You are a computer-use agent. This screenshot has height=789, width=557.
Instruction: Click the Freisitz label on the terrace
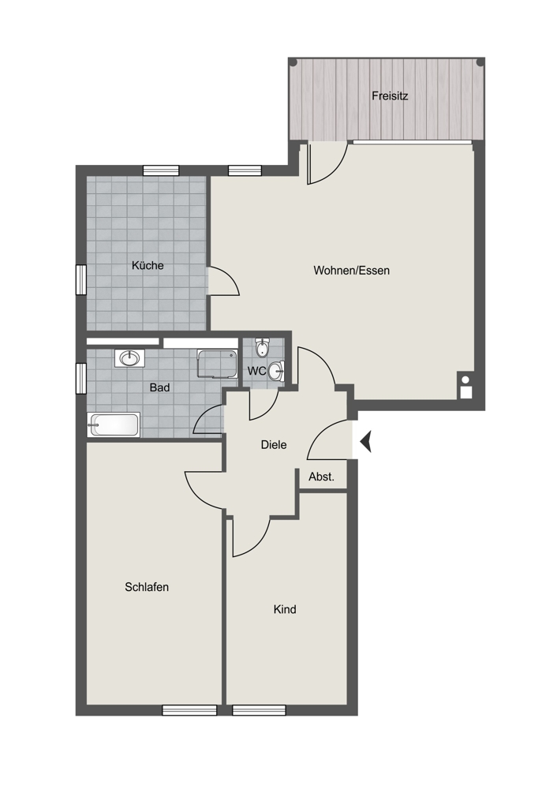click(390, 95)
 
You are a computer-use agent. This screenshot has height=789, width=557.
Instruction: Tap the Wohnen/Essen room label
click(351, 271)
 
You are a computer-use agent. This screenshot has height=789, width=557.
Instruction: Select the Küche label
click(148, 265)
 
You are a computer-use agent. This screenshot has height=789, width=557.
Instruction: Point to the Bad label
click(159, 387)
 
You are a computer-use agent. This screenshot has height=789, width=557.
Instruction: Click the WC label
click(256, 372)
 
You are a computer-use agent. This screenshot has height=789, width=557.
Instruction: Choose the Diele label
click(274, 445)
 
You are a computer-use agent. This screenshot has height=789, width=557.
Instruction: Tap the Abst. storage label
click(322, 477)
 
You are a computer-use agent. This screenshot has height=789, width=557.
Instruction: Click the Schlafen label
click(147, 587)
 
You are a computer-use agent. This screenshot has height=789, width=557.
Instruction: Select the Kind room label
click(285, 609)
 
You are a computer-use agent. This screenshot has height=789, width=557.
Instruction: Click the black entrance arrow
click(366, 442)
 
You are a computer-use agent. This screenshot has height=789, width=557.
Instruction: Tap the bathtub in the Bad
click(114, 425)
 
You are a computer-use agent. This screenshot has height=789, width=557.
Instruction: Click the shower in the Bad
click(217, 365)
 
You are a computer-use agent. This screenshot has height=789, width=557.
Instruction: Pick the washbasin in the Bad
click(130, 358)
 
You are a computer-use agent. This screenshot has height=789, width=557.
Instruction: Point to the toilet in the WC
click(262, 346)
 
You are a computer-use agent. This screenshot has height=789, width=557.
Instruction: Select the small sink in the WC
click(276, 372)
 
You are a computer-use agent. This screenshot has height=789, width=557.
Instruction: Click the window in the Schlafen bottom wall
click(189, 710)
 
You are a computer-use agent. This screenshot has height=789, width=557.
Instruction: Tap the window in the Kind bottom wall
click(259, 710)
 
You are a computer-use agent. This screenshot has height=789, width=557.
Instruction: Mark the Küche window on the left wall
click(81, 280)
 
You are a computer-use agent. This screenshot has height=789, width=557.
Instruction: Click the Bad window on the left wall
click(81, 378)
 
